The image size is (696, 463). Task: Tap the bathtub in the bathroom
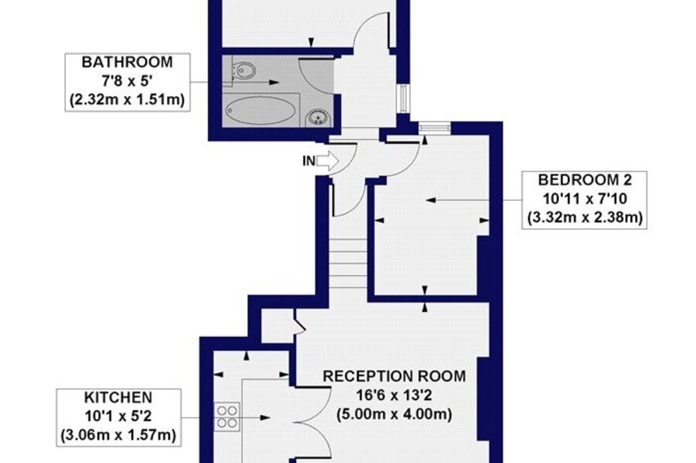(x=261, y=110)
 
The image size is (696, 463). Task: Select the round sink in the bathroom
(x=319, y=118)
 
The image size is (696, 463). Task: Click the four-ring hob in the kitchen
(x=227, y=417)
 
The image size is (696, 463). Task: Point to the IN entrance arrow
(x=328, y=161)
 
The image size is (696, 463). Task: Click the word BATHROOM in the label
(x=128, y=62)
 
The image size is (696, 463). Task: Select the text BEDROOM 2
(x=585, y=179)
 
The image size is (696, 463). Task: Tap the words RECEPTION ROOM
(x=394, y=376)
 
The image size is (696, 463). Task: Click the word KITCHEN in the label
(x=118, y=397)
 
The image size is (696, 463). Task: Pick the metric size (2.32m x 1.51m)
(x=128, y=100)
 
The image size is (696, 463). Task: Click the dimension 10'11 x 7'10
(x=585, y=199)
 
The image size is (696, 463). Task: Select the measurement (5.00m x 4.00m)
(x=394, y=414)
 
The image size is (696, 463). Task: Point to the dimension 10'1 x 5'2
(x=118, y=416)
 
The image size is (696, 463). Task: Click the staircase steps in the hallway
(x=348, y=263)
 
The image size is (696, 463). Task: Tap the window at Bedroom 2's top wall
(x=435, y=128)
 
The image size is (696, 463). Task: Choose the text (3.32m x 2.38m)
(x=585, y=218)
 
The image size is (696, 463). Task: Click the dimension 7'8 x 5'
(x=128, y=81)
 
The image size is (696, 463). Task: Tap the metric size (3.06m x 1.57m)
(x=118, y=435)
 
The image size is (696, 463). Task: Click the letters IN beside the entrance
(x=309, y=161)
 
